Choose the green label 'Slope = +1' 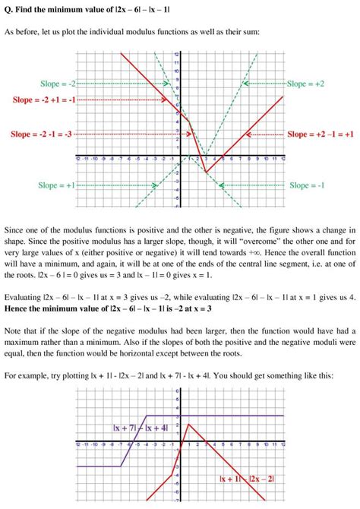(x=57, y=185)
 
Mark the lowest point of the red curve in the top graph (x=204, y=172)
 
